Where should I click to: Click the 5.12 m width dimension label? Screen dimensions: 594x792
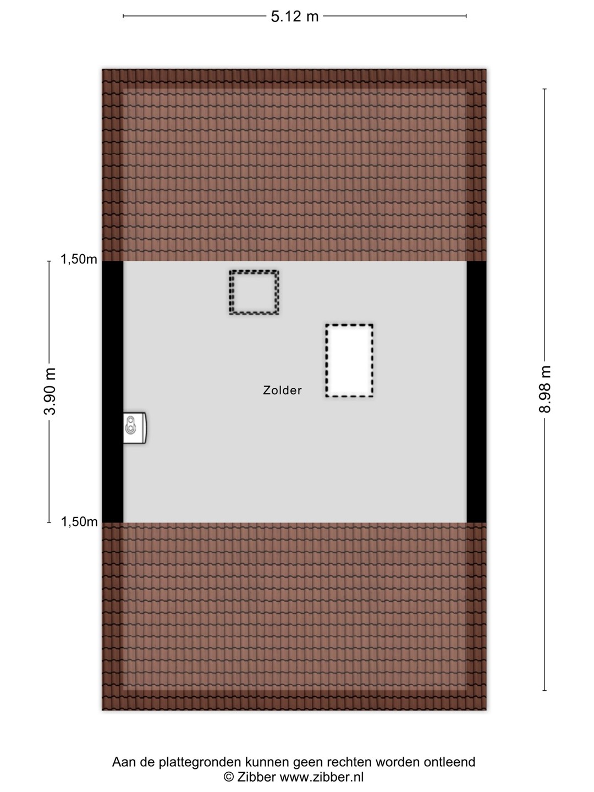coord(295,16)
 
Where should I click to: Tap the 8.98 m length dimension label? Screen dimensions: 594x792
coord(544,389)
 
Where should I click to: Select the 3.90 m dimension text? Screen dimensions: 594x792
coord(50,392)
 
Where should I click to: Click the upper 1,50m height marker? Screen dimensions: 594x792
coord(79,259)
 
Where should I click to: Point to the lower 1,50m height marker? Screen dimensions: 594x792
coord(79,522)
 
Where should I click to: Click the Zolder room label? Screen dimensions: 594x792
coord(282,390)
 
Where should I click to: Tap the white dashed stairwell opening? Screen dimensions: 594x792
coord(349,360)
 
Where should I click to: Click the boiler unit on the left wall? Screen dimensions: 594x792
coord(135,428)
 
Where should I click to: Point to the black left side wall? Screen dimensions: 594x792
coord(113,392)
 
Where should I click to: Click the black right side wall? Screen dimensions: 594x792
coord(476,392)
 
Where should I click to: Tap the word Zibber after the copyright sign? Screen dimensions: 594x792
coord(256,777)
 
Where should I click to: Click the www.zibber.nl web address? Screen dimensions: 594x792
coord(322,777)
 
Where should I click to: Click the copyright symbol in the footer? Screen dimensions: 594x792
coord(229,777)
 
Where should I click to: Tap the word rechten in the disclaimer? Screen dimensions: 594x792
coord(349,762)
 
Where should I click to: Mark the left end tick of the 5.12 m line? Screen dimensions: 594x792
coord(123,16)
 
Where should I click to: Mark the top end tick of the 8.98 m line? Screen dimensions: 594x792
coord(544,89)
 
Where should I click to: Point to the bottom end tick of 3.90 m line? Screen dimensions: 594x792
coord(50,522)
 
